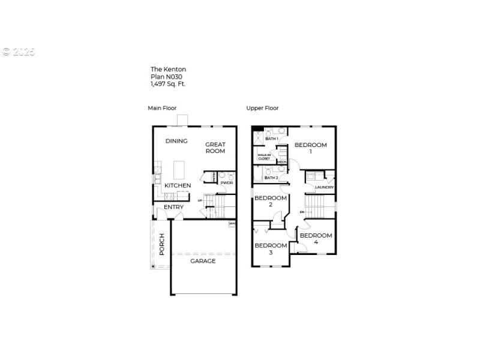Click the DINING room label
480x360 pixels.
pos(176,141)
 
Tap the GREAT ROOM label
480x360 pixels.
pos(215,148)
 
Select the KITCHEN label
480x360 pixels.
pos(178,186)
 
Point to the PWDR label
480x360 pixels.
pos(226,182)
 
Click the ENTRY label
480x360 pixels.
pos(173,208)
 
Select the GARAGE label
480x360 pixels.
pos(203,261)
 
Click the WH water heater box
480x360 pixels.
pos(232,224)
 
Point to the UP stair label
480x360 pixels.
pos(200,200)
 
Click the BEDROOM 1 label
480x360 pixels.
pos(310,148)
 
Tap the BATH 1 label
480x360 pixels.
pos(272,139)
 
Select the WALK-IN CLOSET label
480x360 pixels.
pos(264,157)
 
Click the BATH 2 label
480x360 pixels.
pos(271,178)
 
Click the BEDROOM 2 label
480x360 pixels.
pos(271,201)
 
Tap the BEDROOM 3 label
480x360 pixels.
pos(271,248)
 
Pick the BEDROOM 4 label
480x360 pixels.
pos(316,239)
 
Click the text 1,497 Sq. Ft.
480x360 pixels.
pos(168,85)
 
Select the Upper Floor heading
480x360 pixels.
pos(262,109)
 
